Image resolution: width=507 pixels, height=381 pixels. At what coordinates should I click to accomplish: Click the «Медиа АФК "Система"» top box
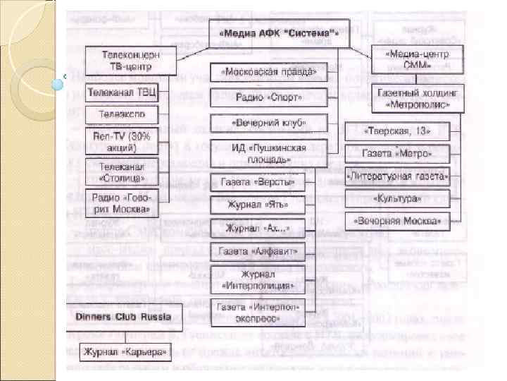click(x=278, y=32)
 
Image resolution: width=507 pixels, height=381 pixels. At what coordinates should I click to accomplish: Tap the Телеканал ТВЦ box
click(x=123, y=92)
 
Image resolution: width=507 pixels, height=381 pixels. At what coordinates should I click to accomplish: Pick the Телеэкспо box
click(x=123, y=114)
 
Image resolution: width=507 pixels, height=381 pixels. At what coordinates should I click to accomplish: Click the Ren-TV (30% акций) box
click(x=123, y=140)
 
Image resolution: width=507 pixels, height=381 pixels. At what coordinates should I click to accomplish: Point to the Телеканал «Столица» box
click(x=123, y=171)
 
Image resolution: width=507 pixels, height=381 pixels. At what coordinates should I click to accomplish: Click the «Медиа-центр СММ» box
click(x=418, y=59)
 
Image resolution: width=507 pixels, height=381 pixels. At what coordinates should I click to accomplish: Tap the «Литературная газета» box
click(x=398, y=176)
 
